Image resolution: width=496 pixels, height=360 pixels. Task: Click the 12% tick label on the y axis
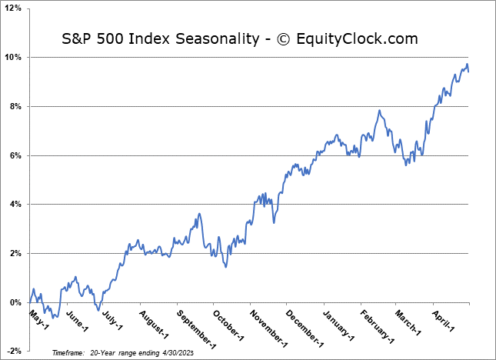pyautogui.click(x=15, y=8)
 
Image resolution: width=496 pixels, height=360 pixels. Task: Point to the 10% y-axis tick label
pyautogui.click(x=15, y=58)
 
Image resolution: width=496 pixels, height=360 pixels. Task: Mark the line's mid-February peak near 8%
pyautogui.click(x=379, y=111)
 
